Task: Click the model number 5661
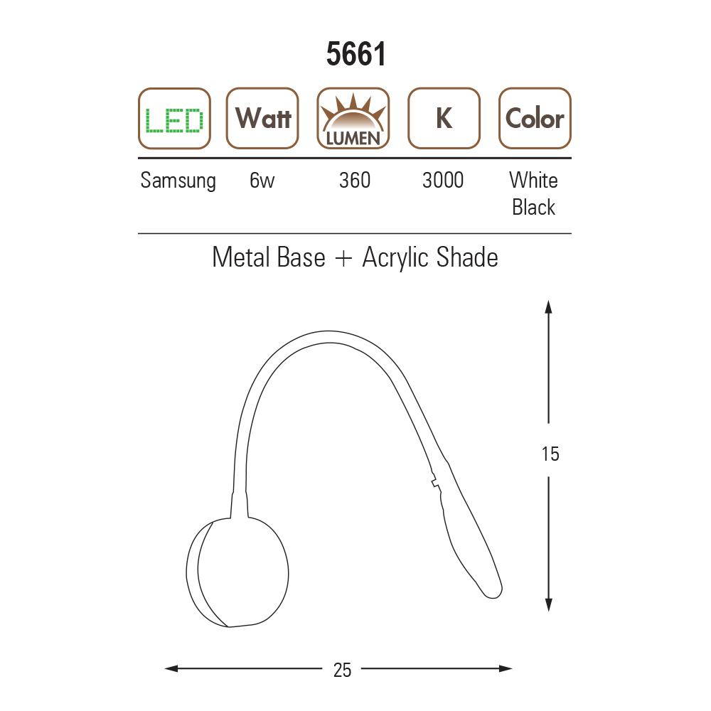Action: (x=356, y=54)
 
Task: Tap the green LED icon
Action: (x=174, y=118)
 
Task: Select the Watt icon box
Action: (x=262, y=118)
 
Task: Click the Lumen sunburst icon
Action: (x=353, y=118)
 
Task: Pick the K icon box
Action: (x=444, y=118)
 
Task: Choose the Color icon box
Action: (x=535, y=118)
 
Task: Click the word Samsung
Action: (x=178, y=181)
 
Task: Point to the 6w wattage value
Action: (x=262, y=180)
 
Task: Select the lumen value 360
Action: (x=355, y=180)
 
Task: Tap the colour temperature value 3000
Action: (x=443, y=180)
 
